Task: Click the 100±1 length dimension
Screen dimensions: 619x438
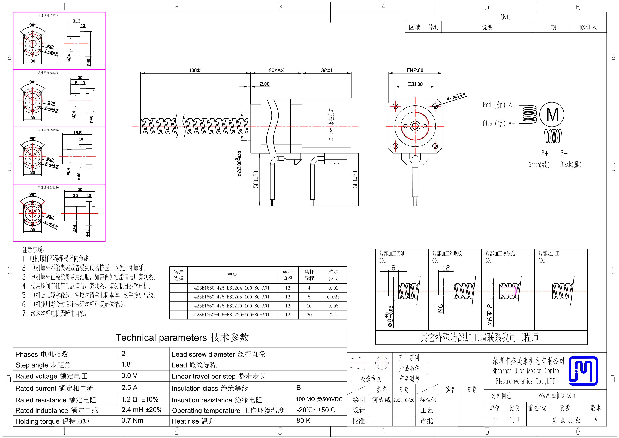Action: click(x=196, y=70)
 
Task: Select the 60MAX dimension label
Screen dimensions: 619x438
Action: click(x=276, y=70)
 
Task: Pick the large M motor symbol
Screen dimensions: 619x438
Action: click(x=552, y=114)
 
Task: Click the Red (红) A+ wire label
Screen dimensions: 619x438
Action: click(x=499, y=105)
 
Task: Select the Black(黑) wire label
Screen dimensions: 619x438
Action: click(x=571, y=164)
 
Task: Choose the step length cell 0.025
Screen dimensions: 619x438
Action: click(x=333, y=297)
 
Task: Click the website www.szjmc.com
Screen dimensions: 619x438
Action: click(x=557, y=395)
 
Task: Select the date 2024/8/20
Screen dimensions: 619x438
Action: click(x=404, y=400)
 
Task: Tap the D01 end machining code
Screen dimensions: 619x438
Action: click(x=383, y=261)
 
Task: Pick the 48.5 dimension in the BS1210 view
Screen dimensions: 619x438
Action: click(x=77, y=133)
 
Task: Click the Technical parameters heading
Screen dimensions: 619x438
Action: click(x=182, y=337)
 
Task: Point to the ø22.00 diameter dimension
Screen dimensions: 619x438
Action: click(x=239, y=164)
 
